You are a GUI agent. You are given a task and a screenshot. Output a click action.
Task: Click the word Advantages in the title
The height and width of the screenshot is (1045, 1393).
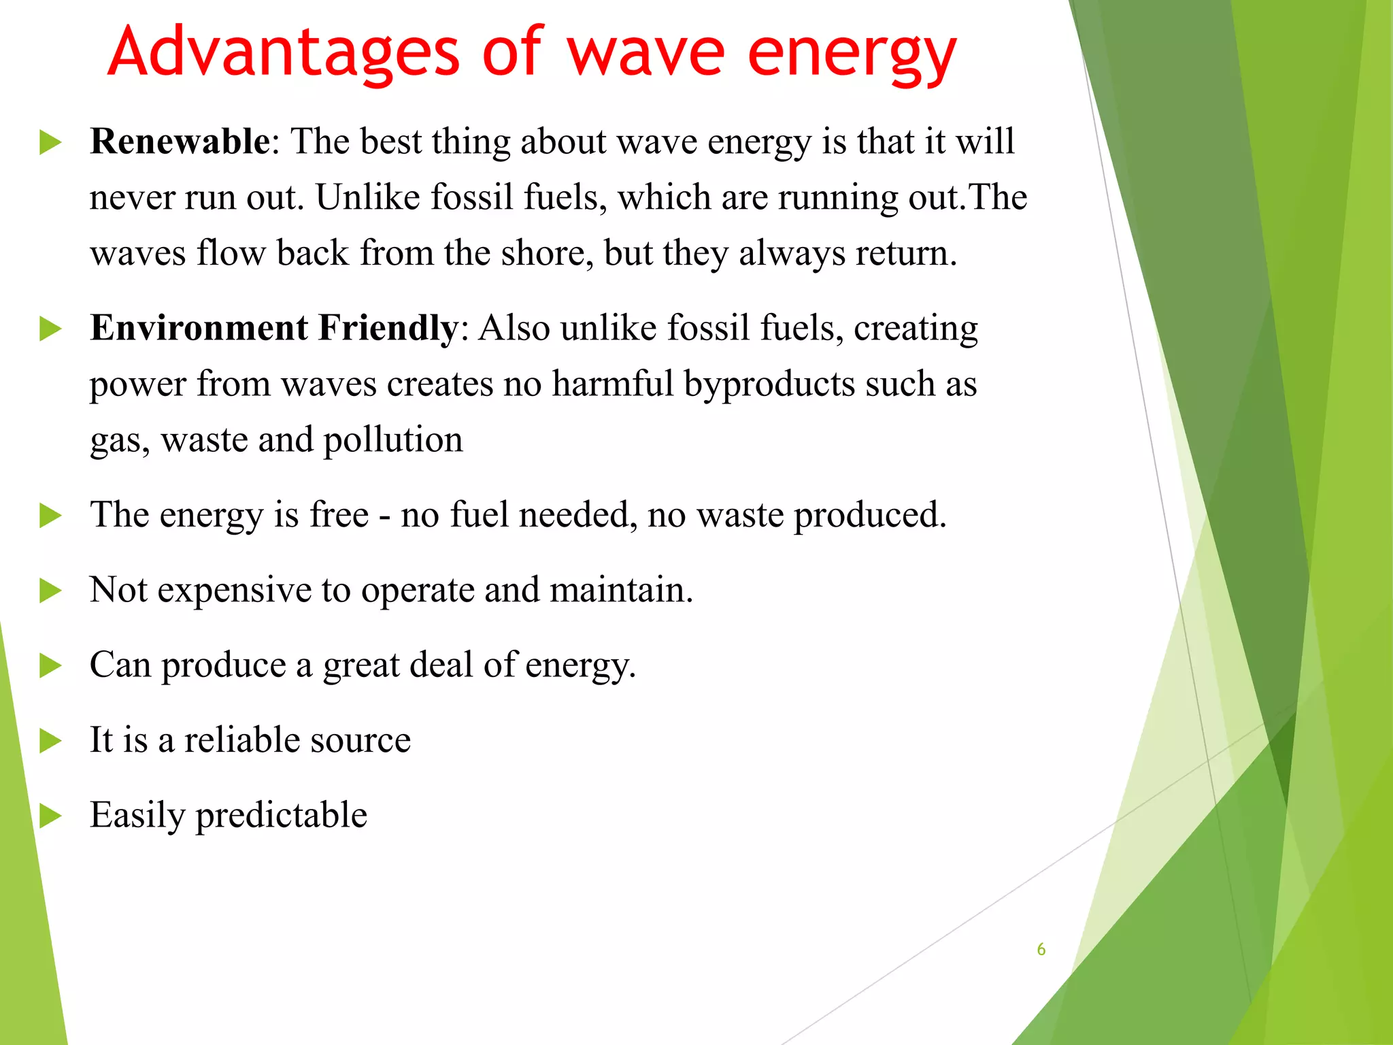(x=284, y=53)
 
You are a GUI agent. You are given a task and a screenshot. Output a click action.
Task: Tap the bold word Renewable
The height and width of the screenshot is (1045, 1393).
(x=180, y=142)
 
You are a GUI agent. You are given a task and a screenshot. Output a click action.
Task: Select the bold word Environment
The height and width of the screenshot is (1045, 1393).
(x=199, y=328)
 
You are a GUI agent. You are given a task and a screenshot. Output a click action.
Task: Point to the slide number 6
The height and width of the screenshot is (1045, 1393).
(x=1041, y=950)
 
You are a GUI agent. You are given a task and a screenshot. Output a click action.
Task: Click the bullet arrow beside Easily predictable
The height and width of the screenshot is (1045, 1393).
(x=50, y=816)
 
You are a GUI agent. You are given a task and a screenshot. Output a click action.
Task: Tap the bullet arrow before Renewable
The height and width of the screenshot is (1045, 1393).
(x=50, y=143)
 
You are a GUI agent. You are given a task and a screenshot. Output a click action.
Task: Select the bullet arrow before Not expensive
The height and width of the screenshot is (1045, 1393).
(x=50, y=591)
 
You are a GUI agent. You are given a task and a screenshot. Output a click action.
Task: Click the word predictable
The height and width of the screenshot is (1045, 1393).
(x=281, y=816)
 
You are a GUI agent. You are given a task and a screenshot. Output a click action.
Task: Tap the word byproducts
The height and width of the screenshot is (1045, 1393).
(x=769, y=384)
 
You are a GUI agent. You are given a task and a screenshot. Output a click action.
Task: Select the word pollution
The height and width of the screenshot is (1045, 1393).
(x=393, y=440)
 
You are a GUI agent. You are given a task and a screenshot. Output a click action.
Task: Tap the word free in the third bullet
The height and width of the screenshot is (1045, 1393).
(x=339, y=515)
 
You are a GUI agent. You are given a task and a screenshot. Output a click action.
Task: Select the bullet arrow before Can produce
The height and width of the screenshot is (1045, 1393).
(x=50, y=665)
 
